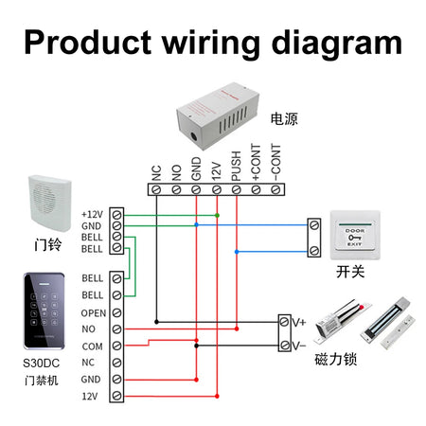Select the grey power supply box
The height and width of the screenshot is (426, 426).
pyautogui.click(x=217, y=119)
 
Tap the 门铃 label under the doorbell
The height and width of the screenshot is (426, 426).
pyautogui.click(x=47, y=243)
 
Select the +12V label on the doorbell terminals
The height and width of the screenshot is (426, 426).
pyautogui.click(x=92, y=214)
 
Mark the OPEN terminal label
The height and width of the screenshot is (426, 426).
pyautogui.click(x=94, y=312)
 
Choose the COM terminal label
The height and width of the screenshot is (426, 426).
pyautogui.click(x=91, y=346)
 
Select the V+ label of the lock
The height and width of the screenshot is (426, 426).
pyautogui.click(x=297, y=323)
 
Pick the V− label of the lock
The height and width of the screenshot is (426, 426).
pyautogui.click(x=297, y=346)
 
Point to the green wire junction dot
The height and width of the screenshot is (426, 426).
pyautogui.click(x=217, y=215)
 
